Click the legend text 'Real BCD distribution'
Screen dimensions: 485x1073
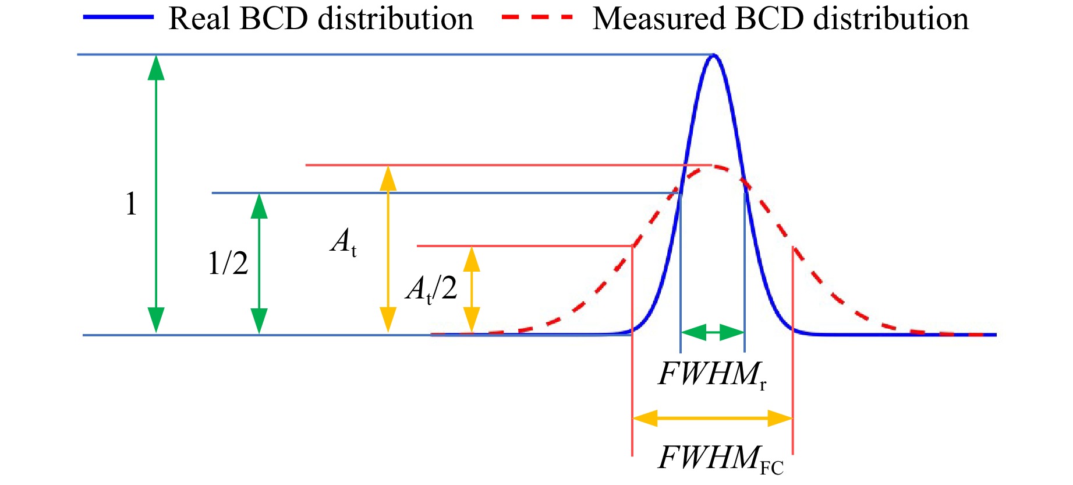pyautogui.click(x=321, y=19)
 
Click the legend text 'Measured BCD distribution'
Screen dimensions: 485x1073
pyautogui.click(x=780, y=19)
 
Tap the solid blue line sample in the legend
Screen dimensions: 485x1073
pyautogui.click(x=119, y=17)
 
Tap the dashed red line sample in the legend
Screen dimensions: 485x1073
pyautogui.click(x=538, y=17)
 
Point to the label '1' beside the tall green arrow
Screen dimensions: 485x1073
pyautogui.click(x=131, y=204)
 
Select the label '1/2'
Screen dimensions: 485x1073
pyautogui.click(x=228, y=263)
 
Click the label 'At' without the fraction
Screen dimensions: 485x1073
pyautogui.click(x=343, y=241)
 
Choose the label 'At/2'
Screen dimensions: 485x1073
pyautogui.click(x=431, y=289)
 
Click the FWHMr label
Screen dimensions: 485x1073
pyautogui.click(x=711, y=374)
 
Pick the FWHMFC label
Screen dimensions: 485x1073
pyautogui.click(x=721, y=459)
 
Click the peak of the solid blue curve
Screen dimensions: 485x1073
pyautogui.click(x=714, y=56)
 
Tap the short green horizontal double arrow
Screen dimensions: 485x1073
pyautogui.click(x=713, y=333)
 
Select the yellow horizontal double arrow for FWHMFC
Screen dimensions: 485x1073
pyautogui.click(x=712, y=418)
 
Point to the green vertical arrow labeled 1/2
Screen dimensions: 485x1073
pyautogui.click(x=259, y=263)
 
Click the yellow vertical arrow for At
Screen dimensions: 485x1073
pyautogui.click(x=388, y=249)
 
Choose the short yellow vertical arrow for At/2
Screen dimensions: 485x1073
pyautogui.click(x=472, y=290)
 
